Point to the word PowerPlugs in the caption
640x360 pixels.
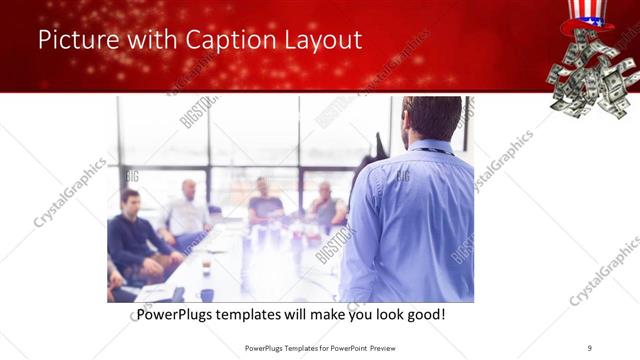click(x=179, y=315)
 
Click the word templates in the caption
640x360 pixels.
click(x=266, y=315)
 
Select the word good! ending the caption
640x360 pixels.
click(x=422, y=315)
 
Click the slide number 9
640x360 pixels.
click(x=590, y=348)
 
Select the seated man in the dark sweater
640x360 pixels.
click(x=135, y=235)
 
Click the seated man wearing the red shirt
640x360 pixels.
click(x=325, y=206)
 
